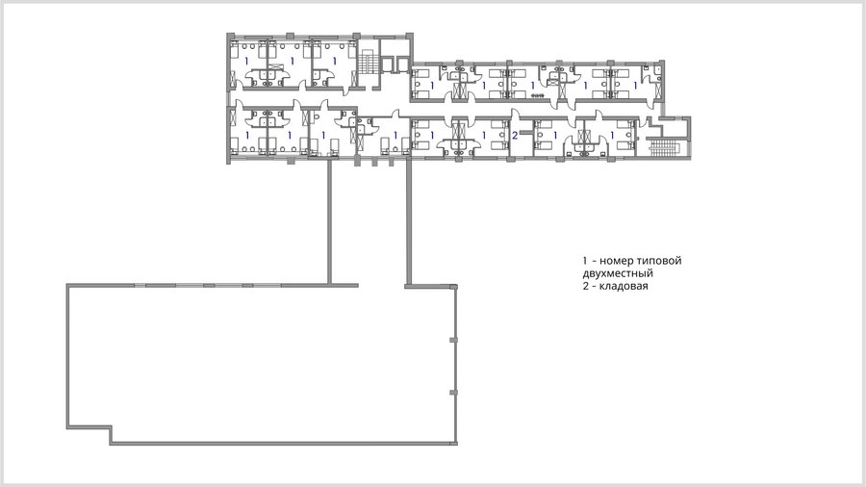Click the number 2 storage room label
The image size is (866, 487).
click(x=515, y=135)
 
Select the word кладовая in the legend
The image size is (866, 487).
click(x=624, y=286)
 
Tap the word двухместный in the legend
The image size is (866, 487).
click(x=618, y=273)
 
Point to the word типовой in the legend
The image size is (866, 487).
click(x=659, y=261)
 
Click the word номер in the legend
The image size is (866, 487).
click(x=617, y=261)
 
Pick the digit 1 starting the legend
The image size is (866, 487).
click(x=585, y=261)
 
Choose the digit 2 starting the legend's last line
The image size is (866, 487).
click(x=585, y=286)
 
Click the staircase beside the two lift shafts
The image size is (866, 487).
click(x=367, y=62)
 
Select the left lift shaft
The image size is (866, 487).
click(x=389, y=64)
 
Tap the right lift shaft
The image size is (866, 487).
click(x=401, y=64)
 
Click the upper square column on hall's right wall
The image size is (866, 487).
click(x=453, y=340)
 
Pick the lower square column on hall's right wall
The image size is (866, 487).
click(x=453, y=393)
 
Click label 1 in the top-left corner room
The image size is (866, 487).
click(x=247, y=61)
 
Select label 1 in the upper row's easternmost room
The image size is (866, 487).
click(x=635, y=86)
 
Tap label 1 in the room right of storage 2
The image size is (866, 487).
click(x=555, y=135)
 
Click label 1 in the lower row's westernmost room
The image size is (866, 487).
click(x=247, y=135)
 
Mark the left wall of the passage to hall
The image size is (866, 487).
click(x=330, y=222)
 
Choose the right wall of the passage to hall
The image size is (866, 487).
click(x=409, y=222)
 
